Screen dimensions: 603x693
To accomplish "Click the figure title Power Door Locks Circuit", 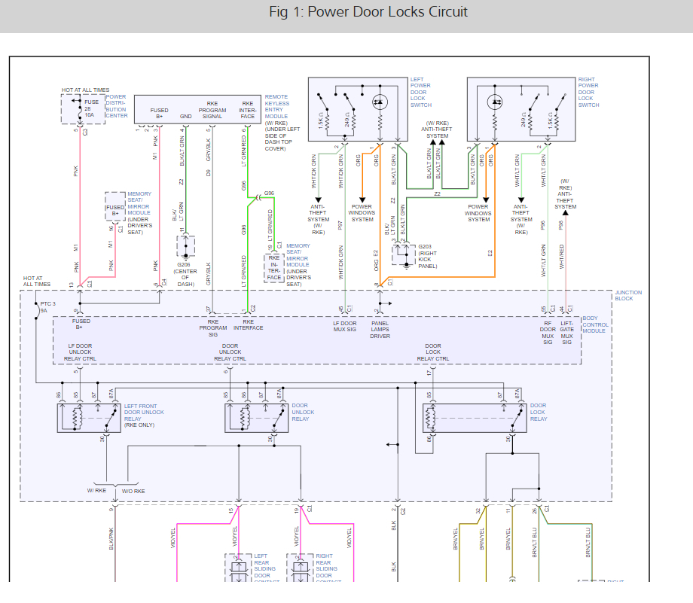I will point(368,12).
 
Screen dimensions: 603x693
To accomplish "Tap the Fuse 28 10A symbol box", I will point(81,109).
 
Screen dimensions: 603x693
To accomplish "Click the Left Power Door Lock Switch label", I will point(420,92).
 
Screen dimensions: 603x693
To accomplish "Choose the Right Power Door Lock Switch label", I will point(589,92).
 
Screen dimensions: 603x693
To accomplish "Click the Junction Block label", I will point(628,296).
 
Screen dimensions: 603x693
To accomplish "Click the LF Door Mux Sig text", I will point(346,329).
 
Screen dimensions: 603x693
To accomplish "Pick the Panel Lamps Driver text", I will point(380,329).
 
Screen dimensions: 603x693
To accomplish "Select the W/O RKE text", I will point(133,491).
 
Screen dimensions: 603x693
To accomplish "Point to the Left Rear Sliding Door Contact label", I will point(261,568).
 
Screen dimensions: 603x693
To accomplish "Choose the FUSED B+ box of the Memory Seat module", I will point(115,210).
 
